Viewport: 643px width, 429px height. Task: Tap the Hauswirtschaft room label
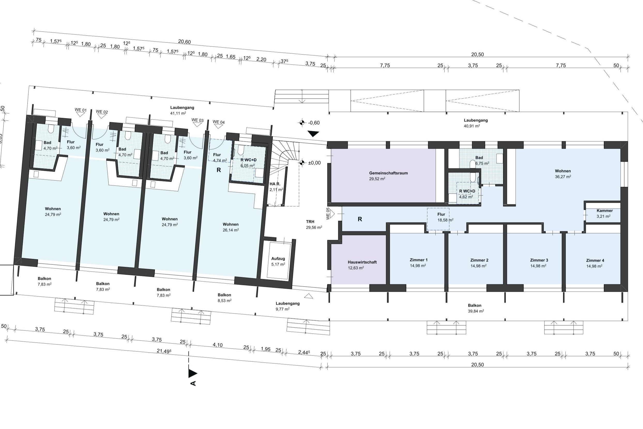pyautogui.click(x=362, y=262)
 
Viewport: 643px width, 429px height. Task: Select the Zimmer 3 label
pyautogui.click(x=539, y=260)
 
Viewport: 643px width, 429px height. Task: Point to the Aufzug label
pyautogui.click(x=278, y=258)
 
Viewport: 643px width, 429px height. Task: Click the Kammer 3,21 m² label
pyautogui.click(x=604, y=213)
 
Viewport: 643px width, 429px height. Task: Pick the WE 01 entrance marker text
pyautogui.click(x=80, y=110)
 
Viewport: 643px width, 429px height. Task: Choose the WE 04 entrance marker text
pyautogui.click(x=218, y=122)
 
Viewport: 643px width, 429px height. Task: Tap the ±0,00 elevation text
pyautogui.click(x=314, y=163)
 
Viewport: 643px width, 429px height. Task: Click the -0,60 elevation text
pyautogui.click(x=314, y=123)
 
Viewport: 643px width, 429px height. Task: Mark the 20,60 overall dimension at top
pyautogui.click(x=184, y=42)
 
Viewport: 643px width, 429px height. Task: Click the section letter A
pyautogui.click(x=193, y=383)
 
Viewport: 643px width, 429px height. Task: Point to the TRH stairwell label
pyautogui.click(x=310, y=221)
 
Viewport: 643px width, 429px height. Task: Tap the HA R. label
pyautogui.click(x=275, y=184)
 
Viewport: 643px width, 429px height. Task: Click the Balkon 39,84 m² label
pyautogui.click(x=476, y=308)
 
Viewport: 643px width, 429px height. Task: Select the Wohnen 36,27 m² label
pyautogui.click(x=563, y=174)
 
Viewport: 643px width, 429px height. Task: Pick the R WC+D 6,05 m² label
pyautogui.click(x=248, y=163)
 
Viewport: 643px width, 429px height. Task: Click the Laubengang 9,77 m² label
pyautogui.click(x=287, y=306)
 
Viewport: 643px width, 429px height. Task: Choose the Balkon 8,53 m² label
pyautogui.click(x=224, y=298)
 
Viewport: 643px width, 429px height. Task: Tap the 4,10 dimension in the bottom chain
pyautogui.click(x=218, y=345)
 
